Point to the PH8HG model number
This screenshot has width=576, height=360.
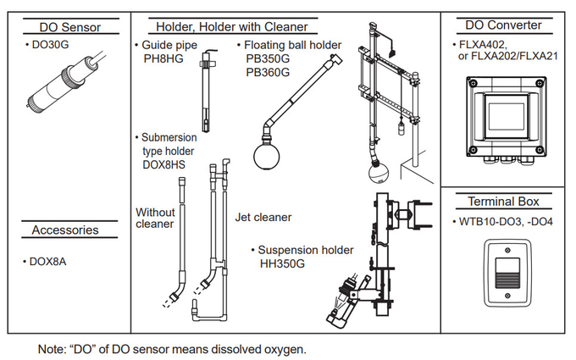[x=163, y=59]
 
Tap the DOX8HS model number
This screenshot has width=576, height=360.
[x=163, y=164]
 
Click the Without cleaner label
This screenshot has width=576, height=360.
[x=156, y=218]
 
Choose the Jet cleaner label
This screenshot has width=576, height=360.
[x=263, y=218]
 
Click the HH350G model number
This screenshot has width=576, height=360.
[x=282, y=263]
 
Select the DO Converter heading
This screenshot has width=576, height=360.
[x=504, y=25]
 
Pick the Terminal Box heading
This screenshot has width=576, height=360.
[x=503, y=202]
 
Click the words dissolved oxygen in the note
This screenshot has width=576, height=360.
[x=259, y=347]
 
